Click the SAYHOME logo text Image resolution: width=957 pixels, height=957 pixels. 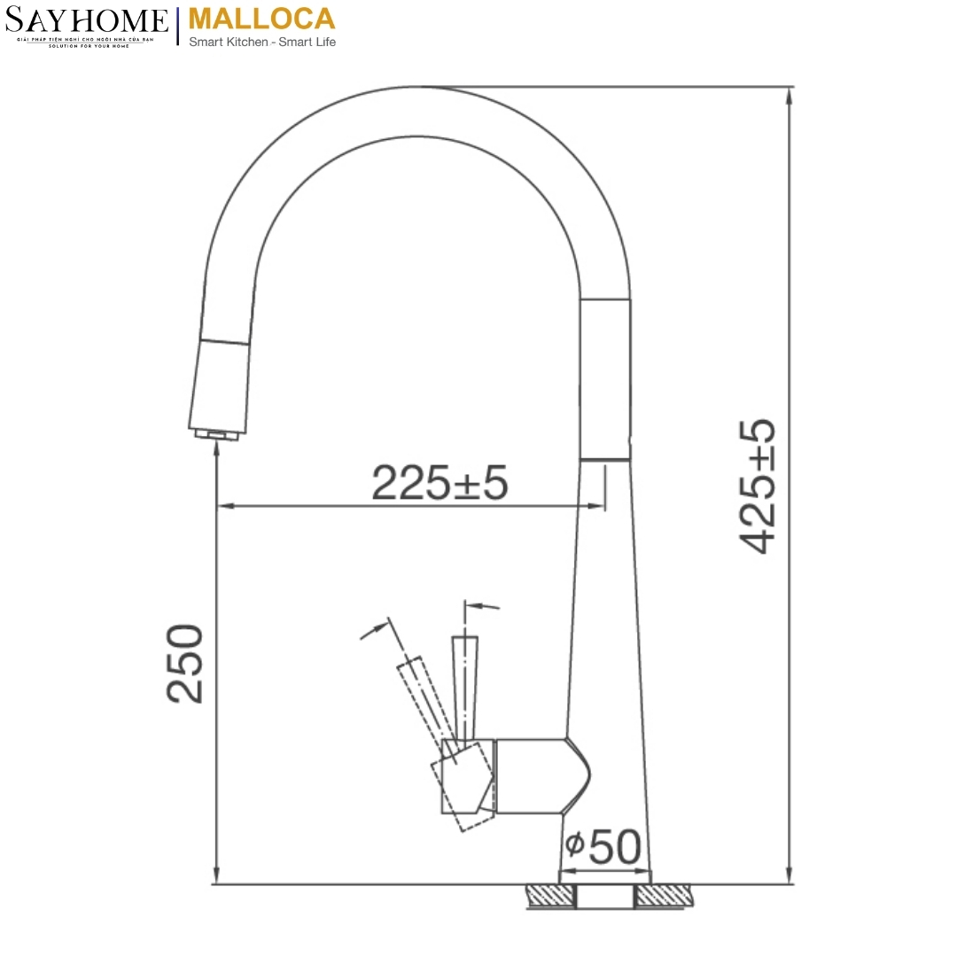coord(86,20)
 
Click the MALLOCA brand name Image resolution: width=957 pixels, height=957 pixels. coord(262,19)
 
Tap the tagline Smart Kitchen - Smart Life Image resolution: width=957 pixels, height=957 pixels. coord(262,42)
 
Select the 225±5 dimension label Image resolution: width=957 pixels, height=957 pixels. coord(440,483)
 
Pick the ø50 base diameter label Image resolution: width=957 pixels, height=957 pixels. coord(603,847)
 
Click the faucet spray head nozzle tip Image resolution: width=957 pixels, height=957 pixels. coord(215,435)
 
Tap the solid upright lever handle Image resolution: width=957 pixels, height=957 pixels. coord(464,682)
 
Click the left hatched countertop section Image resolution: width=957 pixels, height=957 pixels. coord(549,896)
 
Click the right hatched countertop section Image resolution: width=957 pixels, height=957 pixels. coord(664,896)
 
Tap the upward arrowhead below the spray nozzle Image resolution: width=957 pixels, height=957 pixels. coord(216,449)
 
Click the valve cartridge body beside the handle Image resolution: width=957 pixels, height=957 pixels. coord(532,775)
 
